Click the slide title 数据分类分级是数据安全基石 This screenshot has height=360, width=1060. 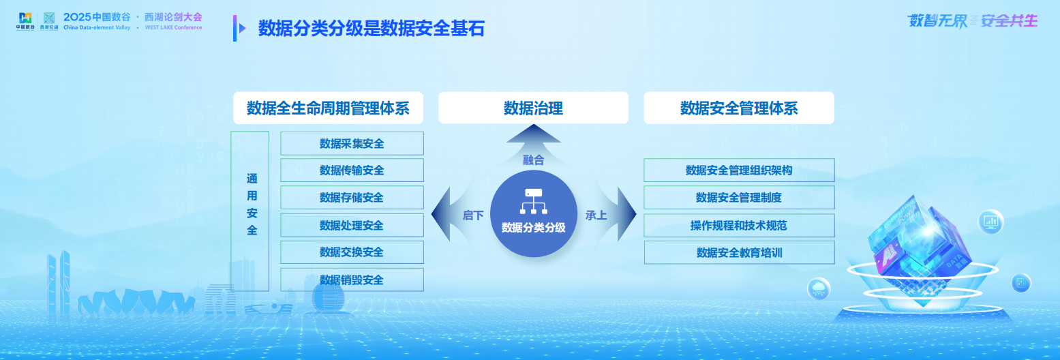(x=371, y=29)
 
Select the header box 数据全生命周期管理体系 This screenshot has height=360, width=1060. (x=328, y=108)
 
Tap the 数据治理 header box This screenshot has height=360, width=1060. (x=533, y=108)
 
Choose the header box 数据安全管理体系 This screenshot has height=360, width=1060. (x=739, y=108)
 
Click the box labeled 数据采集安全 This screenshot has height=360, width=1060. (x=352, y=143)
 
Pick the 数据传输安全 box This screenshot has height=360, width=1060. (x=352, y=170)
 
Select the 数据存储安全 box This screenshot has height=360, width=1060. (x=352, y=198)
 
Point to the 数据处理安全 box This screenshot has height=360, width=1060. (x=352, y=225)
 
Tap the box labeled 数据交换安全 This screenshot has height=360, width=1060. (x=352, y=252)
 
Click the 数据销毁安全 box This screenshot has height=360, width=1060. (x=352, y=280)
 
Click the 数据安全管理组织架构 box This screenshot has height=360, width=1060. (x=739, y=170)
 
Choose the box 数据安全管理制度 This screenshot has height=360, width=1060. (x=739, y=198)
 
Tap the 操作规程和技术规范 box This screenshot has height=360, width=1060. (x=739, y=225)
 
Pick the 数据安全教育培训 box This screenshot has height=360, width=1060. (x=739, y=252)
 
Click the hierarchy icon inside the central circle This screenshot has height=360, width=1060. (x=533, y=200)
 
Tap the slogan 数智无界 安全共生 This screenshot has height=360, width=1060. (x=972, y=20)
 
